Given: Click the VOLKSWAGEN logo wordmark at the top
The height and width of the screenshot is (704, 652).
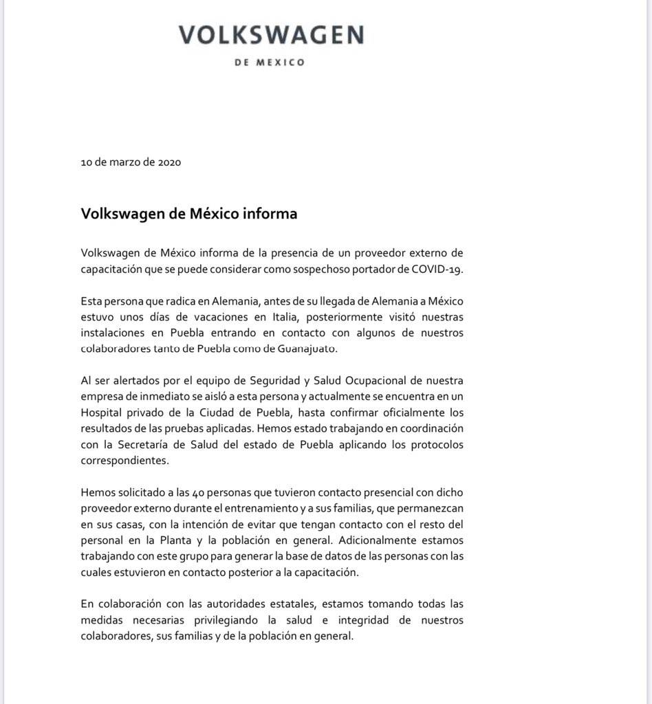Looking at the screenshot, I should pyautogui.click(x=271, y=35).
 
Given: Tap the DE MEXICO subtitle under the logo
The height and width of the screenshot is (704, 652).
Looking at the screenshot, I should pyautogui.click(x=270, y=63).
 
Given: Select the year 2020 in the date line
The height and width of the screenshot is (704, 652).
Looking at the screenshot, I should pyautogui.click(x=169, y=163).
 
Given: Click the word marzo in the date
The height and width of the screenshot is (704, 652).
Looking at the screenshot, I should pyautogui.click(x=123, y=163).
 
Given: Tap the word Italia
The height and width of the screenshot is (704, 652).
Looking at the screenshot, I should pyautogui.click(x=279, y=317).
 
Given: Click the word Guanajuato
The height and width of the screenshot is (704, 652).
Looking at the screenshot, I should pyautogui.click(x=308, y=349).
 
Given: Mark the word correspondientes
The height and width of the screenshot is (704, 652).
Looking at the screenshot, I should pyautogui.click(x=124, y=460).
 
